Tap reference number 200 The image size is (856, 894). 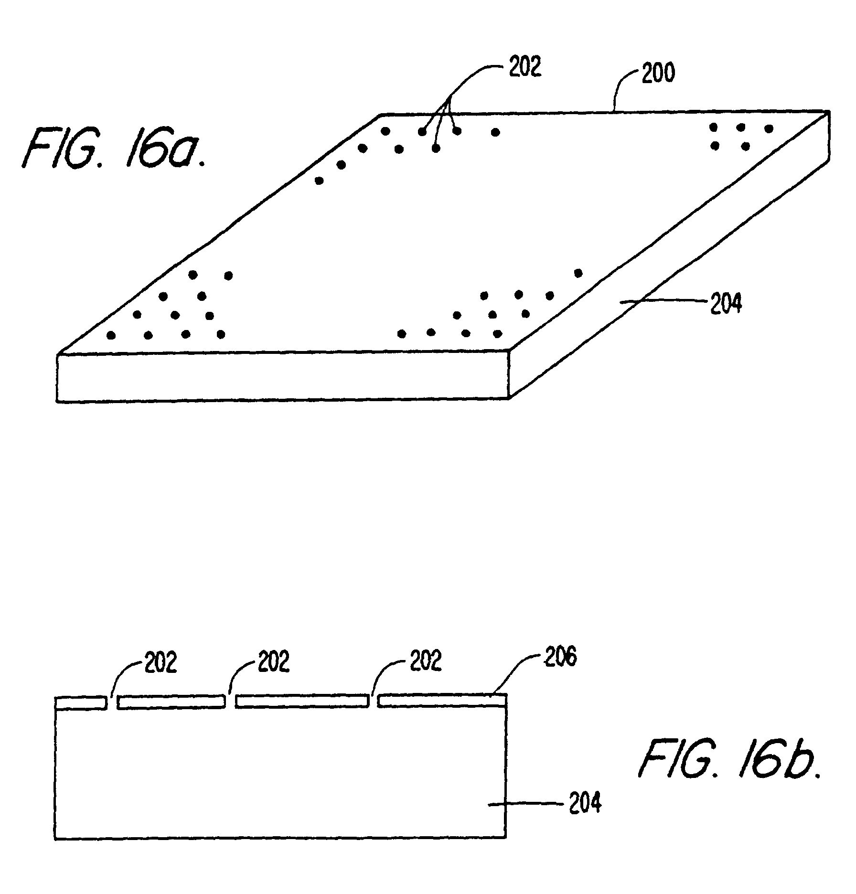tap(658, 74)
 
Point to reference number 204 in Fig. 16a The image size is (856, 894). tap(726, 303)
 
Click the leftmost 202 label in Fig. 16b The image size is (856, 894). tap(160, 663)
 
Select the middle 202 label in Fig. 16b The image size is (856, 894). tap(274, 663)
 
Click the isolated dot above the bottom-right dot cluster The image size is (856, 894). tap(578, 273)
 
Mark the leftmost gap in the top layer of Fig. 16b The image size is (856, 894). tap(112, 702)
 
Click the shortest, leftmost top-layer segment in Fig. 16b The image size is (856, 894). tap(80, 702)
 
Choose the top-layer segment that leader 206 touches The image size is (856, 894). tap(441, 701)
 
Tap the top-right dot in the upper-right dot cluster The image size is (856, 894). tap(769, 128)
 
